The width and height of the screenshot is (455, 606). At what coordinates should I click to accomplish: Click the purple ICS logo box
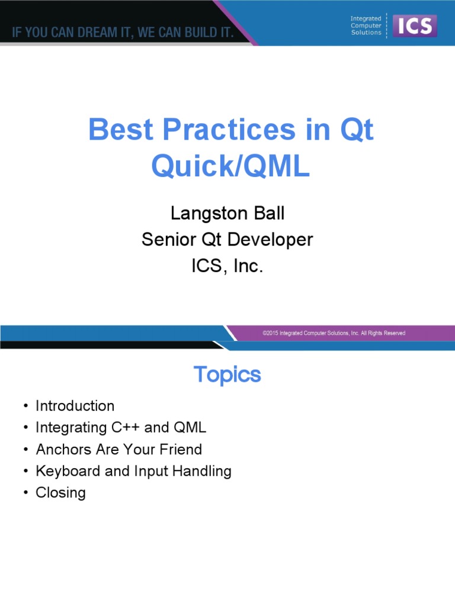click(415, 25)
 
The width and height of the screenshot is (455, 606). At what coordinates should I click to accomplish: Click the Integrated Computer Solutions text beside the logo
click(366, 25)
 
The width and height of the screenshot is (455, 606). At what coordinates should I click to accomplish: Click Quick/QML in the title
click(230, 167)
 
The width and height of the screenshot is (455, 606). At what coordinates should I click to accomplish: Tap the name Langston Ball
click(227, 213)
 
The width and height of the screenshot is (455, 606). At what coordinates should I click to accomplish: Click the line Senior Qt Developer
click(227, 240)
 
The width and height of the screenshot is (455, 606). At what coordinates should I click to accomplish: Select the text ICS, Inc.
click(227, 266)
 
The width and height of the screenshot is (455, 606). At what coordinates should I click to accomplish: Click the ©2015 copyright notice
click(334, 333)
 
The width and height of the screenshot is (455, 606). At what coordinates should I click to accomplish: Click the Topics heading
click(227, 375)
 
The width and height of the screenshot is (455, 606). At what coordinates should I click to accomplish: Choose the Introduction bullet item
click(75, 406)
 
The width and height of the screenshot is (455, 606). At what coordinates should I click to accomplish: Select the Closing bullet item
click(60, 492)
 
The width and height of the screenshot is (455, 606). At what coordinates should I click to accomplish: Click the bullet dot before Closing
click(25, 493)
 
